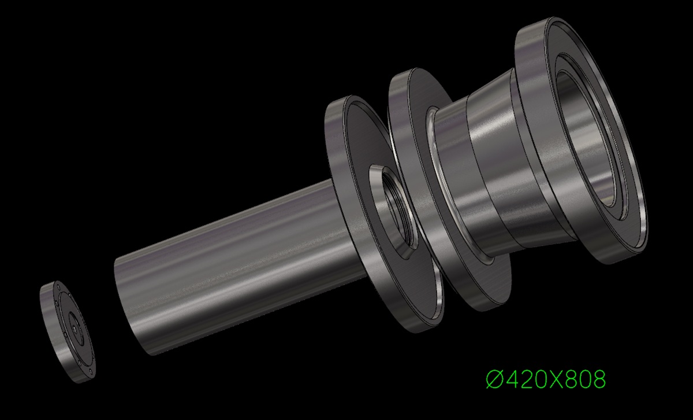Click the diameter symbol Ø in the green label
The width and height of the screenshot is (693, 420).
(495, 379)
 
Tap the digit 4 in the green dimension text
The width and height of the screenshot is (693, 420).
(513, 379)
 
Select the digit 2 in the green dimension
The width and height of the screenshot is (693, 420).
(530, 379)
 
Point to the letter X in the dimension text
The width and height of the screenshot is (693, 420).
(562, 379)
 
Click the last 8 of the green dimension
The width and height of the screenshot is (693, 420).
(598, 379)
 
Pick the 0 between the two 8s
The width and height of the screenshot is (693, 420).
(581, 379)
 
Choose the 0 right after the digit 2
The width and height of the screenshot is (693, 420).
(545, 379)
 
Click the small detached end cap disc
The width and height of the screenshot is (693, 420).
(68, 331)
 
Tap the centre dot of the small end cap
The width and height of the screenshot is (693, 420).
(76, 326)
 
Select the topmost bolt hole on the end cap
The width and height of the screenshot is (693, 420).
(58, 286)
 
